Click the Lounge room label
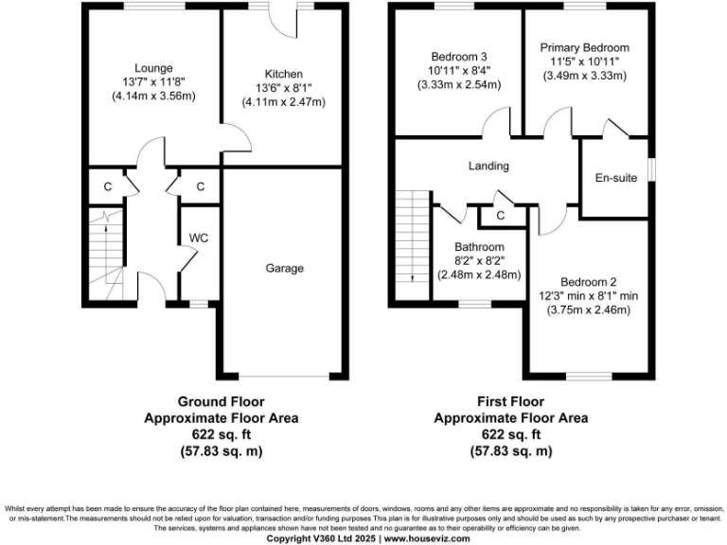coord(152,67)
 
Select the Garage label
coord(284,269)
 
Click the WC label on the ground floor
coord(199,237)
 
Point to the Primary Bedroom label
coord(584,47)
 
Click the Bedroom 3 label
coord(458,55)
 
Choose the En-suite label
coord(612,177)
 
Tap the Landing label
coord(488,166)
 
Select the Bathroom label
coord(479,247)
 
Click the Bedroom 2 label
coord(588,282)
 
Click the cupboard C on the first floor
coord(500,217)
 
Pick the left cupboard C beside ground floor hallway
coord(108,186)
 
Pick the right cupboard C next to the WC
coord(201,186)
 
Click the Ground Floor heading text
coord(222,401)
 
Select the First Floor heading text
coord(510,401)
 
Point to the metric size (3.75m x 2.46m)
coord(588,309)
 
